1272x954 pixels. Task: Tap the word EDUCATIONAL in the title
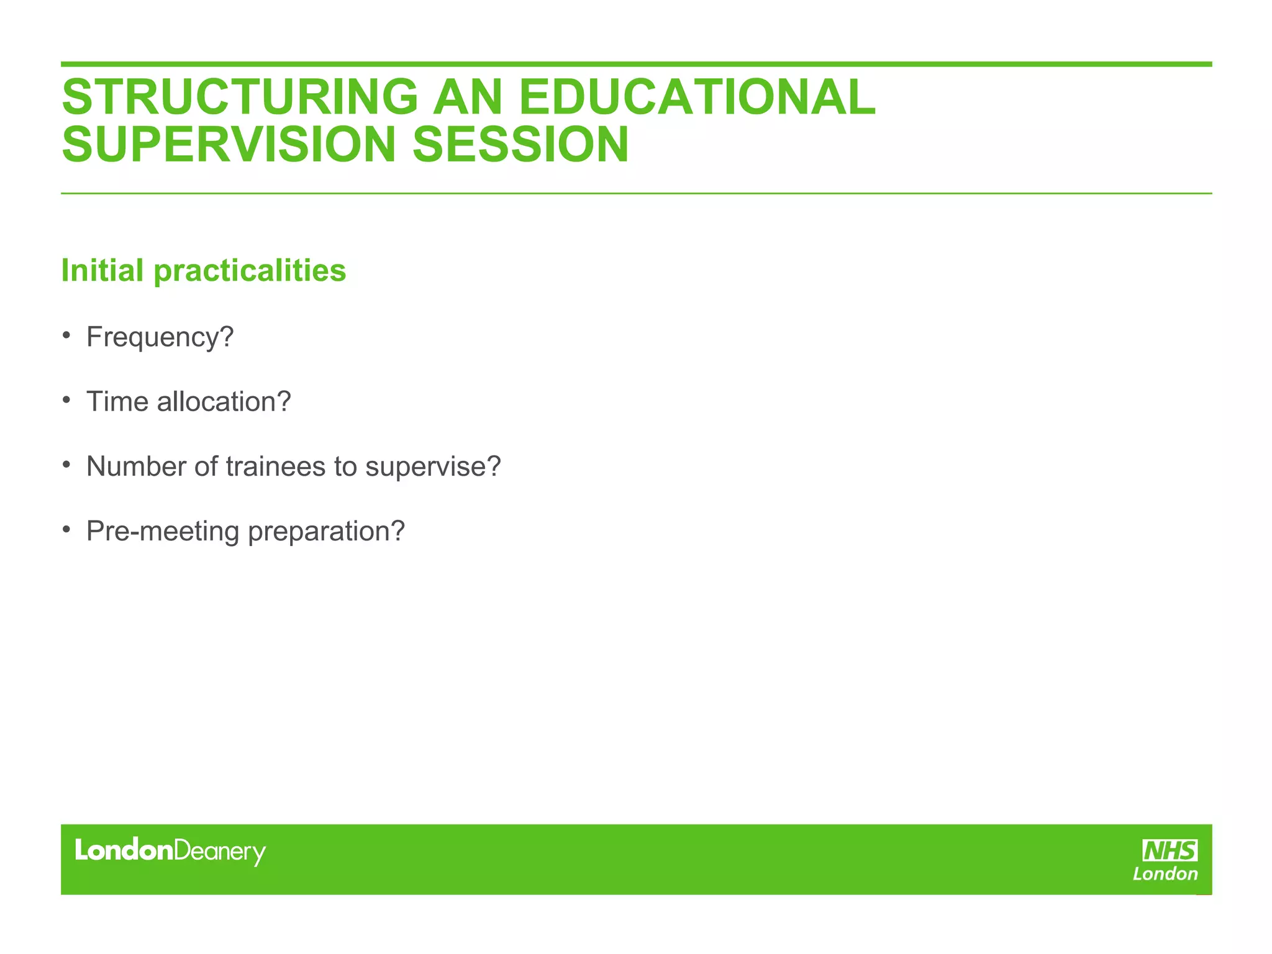(x=696, y=97)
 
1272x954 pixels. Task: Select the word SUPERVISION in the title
(x=229, y=145)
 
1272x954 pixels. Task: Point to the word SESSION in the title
(x=520, y=145)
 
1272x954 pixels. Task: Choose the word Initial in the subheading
(x=102, y=271)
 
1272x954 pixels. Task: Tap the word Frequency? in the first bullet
(x=160, y=338)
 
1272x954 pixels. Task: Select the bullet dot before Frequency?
(x=66, y=336)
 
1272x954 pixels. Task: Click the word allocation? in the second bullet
(x=224, y=402)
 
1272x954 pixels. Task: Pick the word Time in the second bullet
(x=117, y=402)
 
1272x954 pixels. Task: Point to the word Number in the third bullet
(x=136, y=466)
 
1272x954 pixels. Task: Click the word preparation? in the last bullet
(x=326, y=532)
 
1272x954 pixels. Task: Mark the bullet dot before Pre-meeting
(x=66, y=530)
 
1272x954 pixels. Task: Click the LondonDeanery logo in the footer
(x=170, y=852)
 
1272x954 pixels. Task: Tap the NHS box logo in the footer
(x=1170, y=850)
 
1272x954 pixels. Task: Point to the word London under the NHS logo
(x=1165, y=874)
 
